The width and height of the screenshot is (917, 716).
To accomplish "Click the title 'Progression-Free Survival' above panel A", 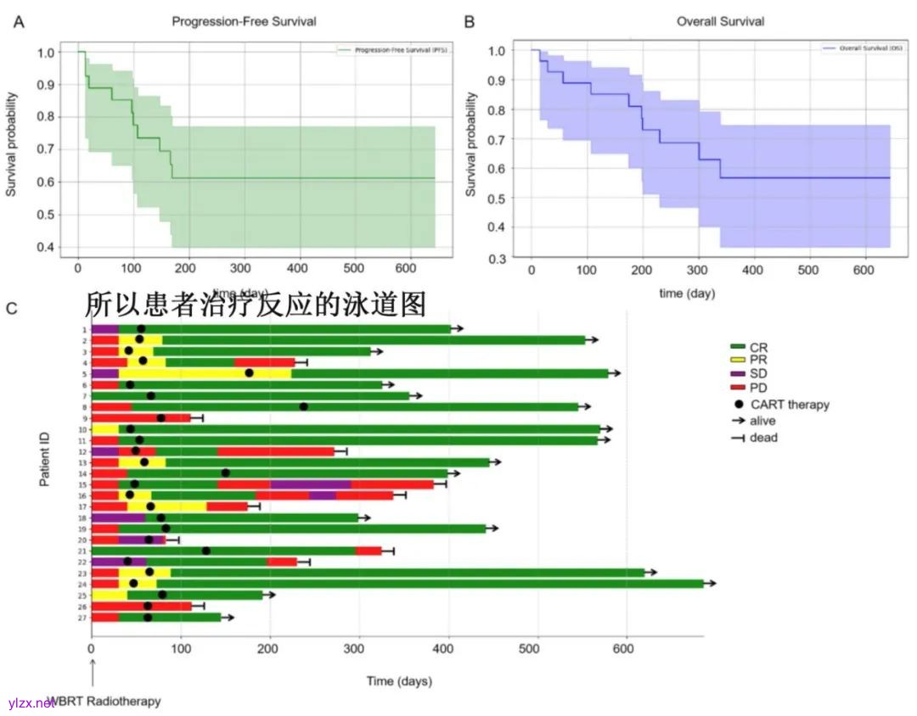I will pos(244,21).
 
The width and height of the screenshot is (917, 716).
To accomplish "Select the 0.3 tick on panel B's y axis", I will pos(498,257).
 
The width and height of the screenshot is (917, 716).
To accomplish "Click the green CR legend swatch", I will pos(737,347).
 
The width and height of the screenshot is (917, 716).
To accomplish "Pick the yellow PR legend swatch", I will pos(737,361).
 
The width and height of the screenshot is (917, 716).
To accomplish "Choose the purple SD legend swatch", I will pos(737,374).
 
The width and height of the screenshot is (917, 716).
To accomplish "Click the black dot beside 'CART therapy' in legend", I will pos(737,405).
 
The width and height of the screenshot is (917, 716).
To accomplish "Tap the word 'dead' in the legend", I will pos(763,438).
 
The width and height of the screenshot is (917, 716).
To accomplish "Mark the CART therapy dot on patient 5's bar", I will pos(249,373).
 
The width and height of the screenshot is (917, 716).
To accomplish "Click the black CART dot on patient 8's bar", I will pos(303,406).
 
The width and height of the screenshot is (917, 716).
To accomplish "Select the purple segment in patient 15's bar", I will pos(310,484).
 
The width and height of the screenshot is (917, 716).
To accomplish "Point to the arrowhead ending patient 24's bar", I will pos(713,584).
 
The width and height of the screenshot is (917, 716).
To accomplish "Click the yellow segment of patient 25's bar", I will pos(109,595).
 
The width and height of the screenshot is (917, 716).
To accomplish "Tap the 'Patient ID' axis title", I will pos(43,459).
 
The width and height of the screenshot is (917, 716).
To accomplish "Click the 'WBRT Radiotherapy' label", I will pos(104,702).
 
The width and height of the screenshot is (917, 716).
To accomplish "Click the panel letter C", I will pos(12,308).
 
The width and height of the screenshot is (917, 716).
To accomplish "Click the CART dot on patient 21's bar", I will pos(205,551).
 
